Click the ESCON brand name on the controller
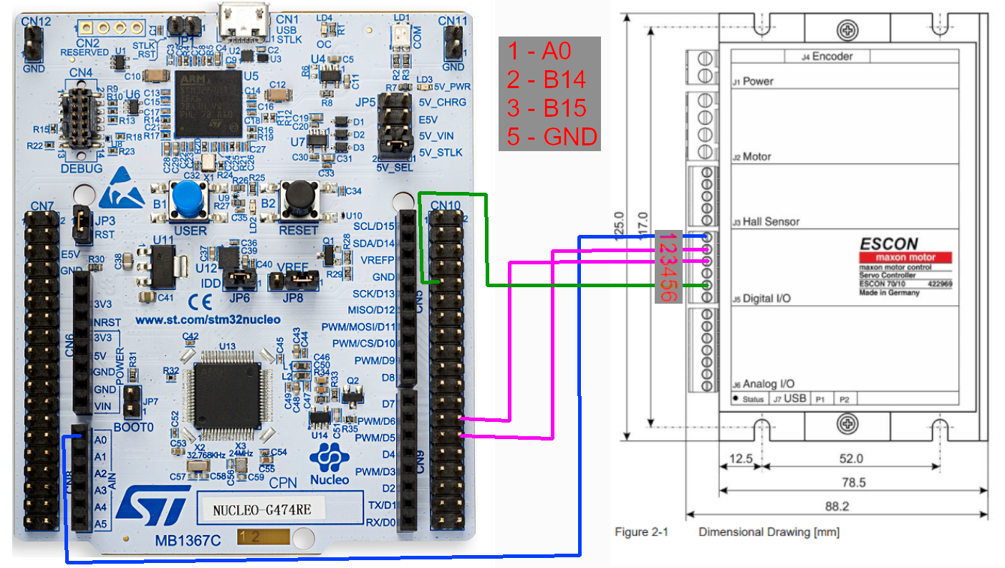coord(888,244)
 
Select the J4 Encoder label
coord(837,56)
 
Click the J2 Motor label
coord(751,156)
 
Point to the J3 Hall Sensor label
coord(765,221)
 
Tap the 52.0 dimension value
coord(851,458)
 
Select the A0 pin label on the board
coord(100,440)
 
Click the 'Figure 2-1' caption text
coord(642,532)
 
